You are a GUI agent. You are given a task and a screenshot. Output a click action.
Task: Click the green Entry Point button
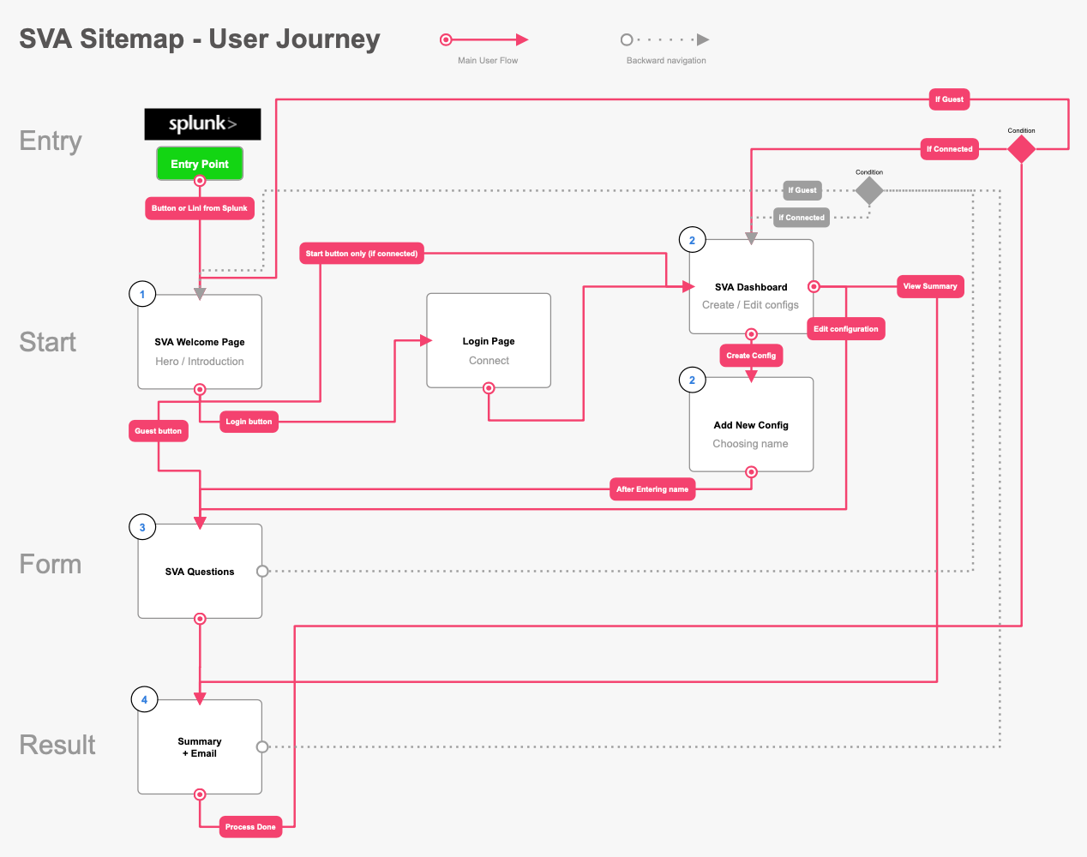(x=200, y=164)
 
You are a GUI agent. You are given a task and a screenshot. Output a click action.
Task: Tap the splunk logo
(x=202, y=123)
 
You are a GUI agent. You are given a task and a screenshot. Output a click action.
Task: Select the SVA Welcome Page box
(x=200, y=342)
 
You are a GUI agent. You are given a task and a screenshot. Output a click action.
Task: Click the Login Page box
(x=489, y=340)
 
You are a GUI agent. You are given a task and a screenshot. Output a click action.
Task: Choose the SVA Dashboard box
(x=751, y=287)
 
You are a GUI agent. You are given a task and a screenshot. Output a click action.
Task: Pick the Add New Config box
(x=751, y=424)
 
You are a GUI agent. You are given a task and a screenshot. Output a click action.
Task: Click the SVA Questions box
(x=200, y=571)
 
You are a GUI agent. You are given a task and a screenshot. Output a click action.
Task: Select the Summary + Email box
(x=200, y=747)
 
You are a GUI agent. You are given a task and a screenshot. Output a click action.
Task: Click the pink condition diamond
(x=1021, y=149)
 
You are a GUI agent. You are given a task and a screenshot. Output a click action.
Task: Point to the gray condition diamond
(x=869, y=190)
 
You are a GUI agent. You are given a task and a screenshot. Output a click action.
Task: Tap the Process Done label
(x=250, y=827)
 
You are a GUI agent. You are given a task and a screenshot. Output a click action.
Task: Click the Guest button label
(x=158, y=431)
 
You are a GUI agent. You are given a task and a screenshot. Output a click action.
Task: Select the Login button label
(x=249, y=422)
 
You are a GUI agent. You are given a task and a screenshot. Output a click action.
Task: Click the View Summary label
(x=930, y=286)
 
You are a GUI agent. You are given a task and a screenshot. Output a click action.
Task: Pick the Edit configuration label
(x=845, y=329)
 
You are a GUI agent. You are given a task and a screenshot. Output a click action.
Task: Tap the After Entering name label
(x=652, y=489)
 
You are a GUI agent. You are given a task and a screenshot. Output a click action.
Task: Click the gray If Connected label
(x=802, y=218)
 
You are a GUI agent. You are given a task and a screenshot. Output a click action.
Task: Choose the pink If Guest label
(x=949, y=99)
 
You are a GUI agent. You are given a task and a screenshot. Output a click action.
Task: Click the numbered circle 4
(x=145, y=699)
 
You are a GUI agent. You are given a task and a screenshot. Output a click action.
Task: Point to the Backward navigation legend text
(x=666, y=61)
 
